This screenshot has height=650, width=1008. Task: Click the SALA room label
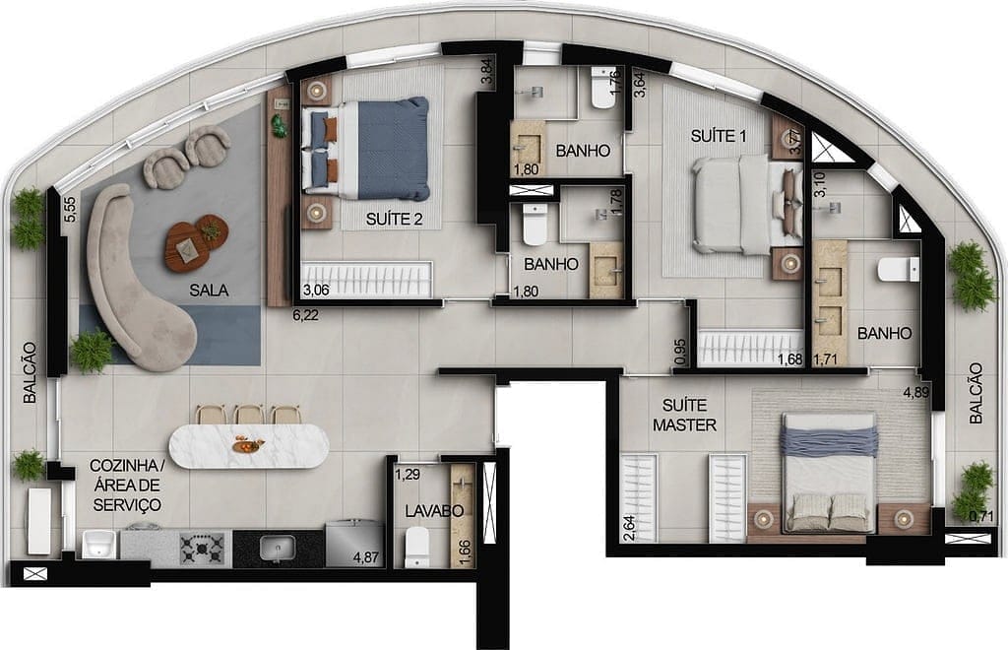209,291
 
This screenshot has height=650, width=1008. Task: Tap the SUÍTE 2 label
394,221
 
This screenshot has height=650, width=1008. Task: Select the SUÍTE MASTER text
689,415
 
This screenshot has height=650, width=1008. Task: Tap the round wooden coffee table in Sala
196,240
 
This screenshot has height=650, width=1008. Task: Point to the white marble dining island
249,446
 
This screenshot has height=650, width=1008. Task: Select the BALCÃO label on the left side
31,372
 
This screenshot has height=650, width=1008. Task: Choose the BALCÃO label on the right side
976,393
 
